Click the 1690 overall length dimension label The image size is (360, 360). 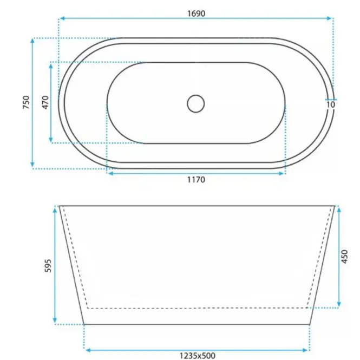click(x=197, y=14)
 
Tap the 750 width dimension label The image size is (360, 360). click(x=26, y=102)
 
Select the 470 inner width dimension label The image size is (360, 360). click(x=45, y=102)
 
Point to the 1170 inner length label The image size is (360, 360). click(x=197, y=179)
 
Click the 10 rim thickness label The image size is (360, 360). click(x=331, y=104)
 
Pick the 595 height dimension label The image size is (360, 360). click(x=48, y=266)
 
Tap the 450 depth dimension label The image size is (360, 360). click(x=344, y=257)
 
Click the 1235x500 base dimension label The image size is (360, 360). click(x=198, y=356)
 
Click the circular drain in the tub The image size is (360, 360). click(x=195, y=104)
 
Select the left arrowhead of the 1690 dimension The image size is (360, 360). click(x=62, y=18)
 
